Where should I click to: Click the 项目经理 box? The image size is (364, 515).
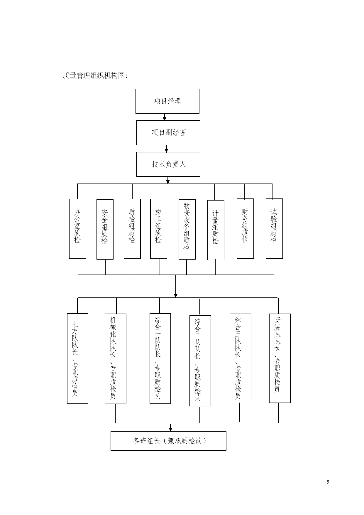(x=167, y=101)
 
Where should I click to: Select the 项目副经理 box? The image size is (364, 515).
(x=168, y=132)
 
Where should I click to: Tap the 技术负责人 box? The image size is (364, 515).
(x=168, y=164)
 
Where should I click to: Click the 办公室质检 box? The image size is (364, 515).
(x=77, y=229)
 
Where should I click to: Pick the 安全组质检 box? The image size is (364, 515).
(x=105, y=229)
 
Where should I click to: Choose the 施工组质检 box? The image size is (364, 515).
(x=159, y=229)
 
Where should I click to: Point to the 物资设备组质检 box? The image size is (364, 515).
(x=187, y=229)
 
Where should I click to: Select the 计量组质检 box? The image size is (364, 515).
(x=216, y=230)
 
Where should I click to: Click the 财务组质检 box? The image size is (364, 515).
(x=245, y=228)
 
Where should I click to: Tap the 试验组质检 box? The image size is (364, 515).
(x=274, y=228)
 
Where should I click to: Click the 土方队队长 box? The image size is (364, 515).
(x=77, y=359)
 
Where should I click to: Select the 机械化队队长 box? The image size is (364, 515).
(x=116, y=359)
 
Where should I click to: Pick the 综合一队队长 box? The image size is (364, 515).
(x=160, y=359)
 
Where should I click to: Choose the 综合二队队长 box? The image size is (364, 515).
(x=200, y=361)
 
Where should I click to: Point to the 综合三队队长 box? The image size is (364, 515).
(x=241, y=358)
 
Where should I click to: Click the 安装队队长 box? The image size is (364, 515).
(x=280, y=358)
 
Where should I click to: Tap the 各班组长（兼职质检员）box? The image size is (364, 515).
(x=168, y=441)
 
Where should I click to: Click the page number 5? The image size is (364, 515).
(x=328, y=482)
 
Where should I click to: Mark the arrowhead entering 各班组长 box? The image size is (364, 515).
(x=170, y=429)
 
